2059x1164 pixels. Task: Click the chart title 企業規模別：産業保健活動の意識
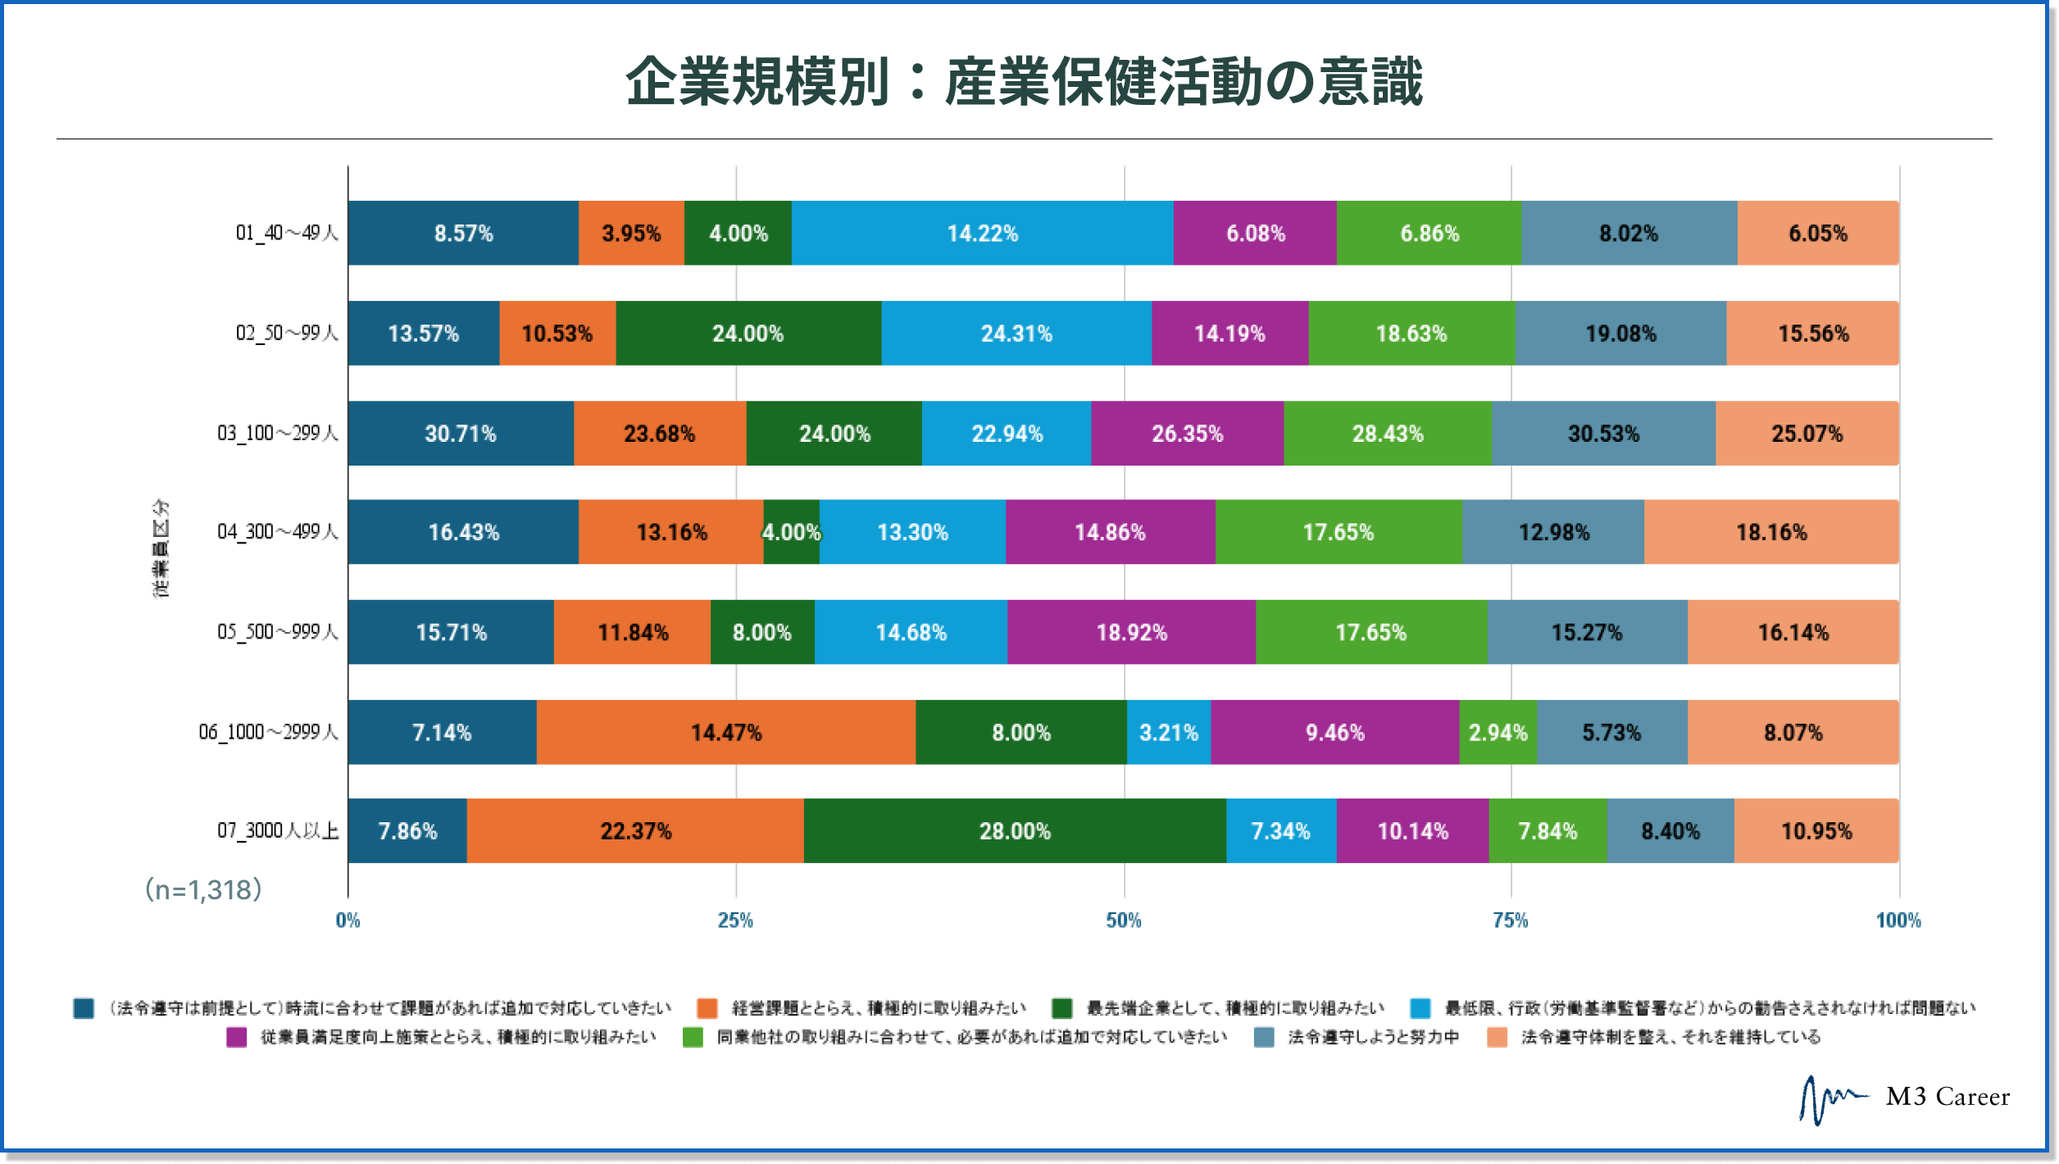pyautogui.click(x=1024, y=82)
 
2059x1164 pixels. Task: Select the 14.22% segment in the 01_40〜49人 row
pyautogui.click(x=982, y=234)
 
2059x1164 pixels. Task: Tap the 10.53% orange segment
pyautogui.click(x=557, y=334)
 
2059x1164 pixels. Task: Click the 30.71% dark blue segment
pyautogui.click(x=460, y=434)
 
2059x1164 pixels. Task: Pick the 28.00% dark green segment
pyautogui.click(x=1015, y=831)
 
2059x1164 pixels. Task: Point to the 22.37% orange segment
pyautogui.click(x=635, y=831)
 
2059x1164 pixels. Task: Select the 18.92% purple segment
pyautogui.click(x=1131, y=632)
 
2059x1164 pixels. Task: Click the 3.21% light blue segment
pyautogui.click(x=1168, y=732)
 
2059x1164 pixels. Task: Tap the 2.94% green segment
pyautogui.click(x=1498, y=732)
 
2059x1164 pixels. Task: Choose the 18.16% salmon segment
pyautogui.click(x=1770, y=532)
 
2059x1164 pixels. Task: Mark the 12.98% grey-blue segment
pyautogui.click(x=1553, y=532)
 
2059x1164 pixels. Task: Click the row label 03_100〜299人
pyautogui.click(x=277, y=434)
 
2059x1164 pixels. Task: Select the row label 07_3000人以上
pyautogui.click(x=277, y=831)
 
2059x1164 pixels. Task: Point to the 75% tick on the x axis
pyautogui.click(x=1511, y=921)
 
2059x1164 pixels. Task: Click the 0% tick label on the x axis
pyautogui.click(x=348, y=921)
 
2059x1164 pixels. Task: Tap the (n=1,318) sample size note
pyautogui.click(x=203, y=889)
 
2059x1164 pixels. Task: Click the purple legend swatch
pyautogui.click(x=237, y=1038)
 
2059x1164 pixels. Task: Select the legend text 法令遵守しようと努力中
pyautogui.click(x=1373, y=1038)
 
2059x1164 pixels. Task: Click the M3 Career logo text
pyautogui.click(x=1947, y=1097)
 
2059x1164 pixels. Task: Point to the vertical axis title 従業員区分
pyautogui.click(x=161, y=548)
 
